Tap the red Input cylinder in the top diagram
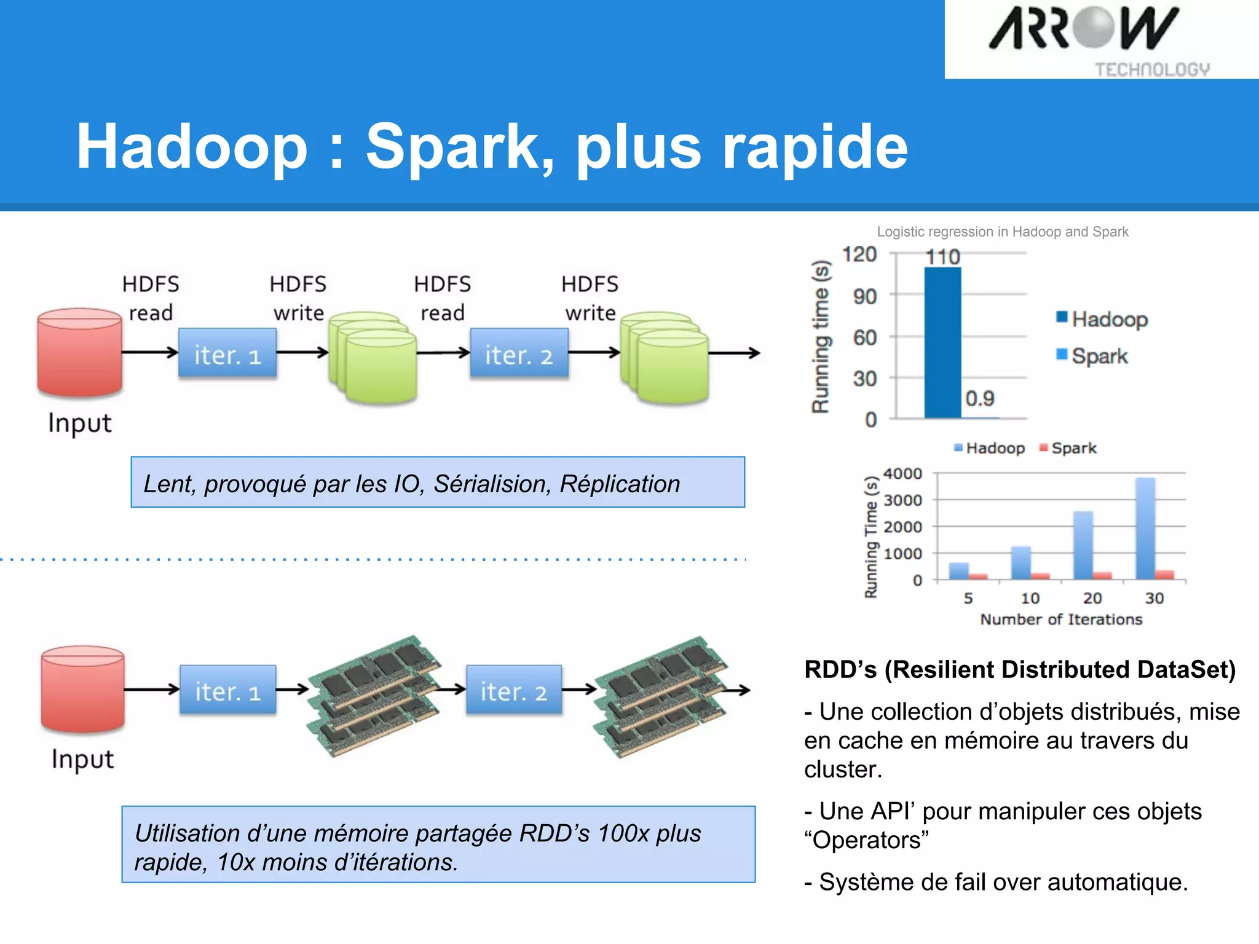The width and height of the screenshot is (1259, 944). (x=79, y=353)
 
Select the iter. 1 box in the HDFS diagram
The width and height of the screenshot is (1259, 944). (x=227, y=353)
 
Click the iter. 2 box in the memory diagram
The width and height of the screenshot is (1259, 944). (x=513, y=690)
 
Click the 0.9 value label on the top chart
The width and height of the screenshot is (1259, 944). (x=979, y=398)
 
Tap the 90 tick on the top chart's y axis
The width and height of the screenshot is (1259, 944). (x=864, y=297)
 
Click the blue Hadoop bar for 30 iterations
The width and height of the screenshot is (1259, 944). (x=1145, y=529)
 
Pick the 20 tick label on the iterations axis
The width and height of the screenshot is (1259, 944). (x=1092, y=598)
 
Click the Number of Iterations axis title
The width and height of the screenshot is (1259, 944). (x=1060, y=619)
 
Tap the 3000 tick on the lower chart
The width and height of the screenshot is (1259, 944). (x=902, y=500)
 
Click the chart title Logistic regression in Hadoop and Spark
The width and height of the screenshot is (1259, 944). (x=1002, y=232)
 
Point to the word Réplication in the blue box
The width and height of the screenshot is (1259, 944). (x=620, y=484)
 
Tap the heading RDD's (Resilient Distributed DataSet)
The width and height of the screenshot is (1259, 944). (x=1019, y=670)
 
